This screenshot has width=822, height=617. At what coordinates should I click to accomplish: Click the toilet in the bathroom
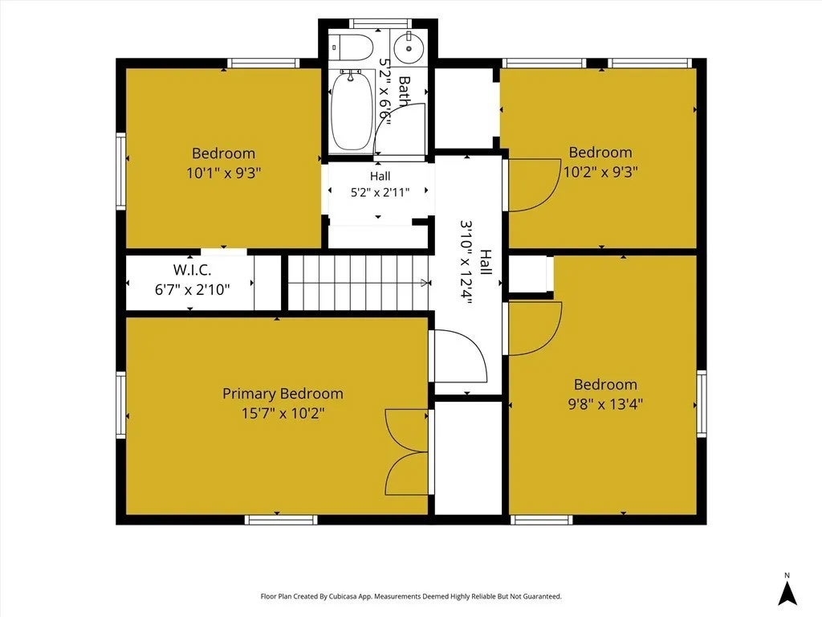[x=352, y=47]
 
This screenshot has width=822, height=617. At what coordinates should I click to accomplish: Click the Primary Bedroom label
[x=283, y=394]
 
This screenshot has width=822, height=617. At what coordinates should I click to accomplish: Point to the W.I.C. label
[x=193, y=270]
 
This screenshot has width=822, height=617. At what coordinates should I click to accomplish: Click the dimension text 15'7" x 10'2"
[x=283, y=414]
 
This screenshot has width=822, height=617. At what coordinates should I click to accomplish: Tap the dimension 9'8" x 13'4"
[x=605, y=404]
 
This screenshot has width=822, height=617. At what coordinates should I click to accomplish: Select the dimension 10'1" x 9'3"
[x=224, y=173]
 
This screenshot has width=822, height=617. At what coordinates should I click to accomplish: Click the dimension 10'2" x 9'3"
[x=600, y=172]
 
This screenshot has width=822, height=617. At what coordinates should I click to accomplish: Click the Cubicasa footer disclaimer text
[x=411, y=596]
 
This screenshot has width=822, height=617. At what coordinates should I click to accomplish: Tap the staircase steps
[x=359, y=283]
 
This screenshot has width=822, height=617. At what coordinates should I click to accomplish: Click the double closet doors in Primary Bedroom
[x=407, y=452]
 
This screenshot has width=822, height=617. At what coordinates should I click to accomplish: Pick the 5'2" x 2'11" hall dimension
[x=380, y=193]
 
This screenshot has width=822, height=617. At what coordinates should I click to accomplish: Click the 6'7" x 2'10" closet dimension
[x=193, y=289]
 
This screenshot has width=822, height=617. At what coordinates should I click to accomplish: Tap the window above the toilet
[x=380, y=23]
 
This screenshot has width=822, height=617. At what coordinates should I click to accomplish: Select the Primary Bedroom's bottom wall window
[x=282, y=520]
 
